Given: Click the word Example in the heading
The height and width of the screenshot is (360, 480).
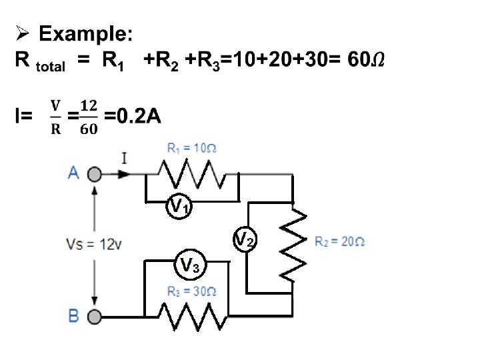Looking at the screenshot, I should click(87, 34).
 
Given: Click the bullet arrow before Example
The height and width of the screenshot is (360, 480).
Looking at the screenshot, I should click(23, 34).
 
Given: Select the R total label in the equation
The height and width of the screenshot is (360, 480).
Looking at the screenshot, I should click(41, 62).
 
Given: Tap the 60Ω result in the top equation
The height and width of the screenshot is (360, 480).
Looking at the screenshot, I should click(366, 61).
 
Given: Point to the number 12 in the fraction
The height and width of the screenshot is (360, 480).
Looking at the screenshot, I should click(87, 106).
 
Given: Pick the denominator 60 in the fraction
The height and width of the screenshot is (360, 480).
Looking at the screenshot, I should click(87, 129).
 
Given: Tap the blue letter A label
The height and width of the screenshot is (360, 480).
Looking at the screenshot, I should click(74, 173).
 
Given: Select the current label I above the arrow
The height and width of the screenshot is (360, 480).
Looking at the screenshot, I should click(125, 159).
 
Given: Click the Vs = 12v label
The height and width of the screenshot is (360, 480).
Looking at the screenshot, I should click(93, 243).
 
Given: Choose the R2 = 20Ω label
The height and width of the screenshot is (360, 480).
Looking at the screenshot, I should click(339, 241).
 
